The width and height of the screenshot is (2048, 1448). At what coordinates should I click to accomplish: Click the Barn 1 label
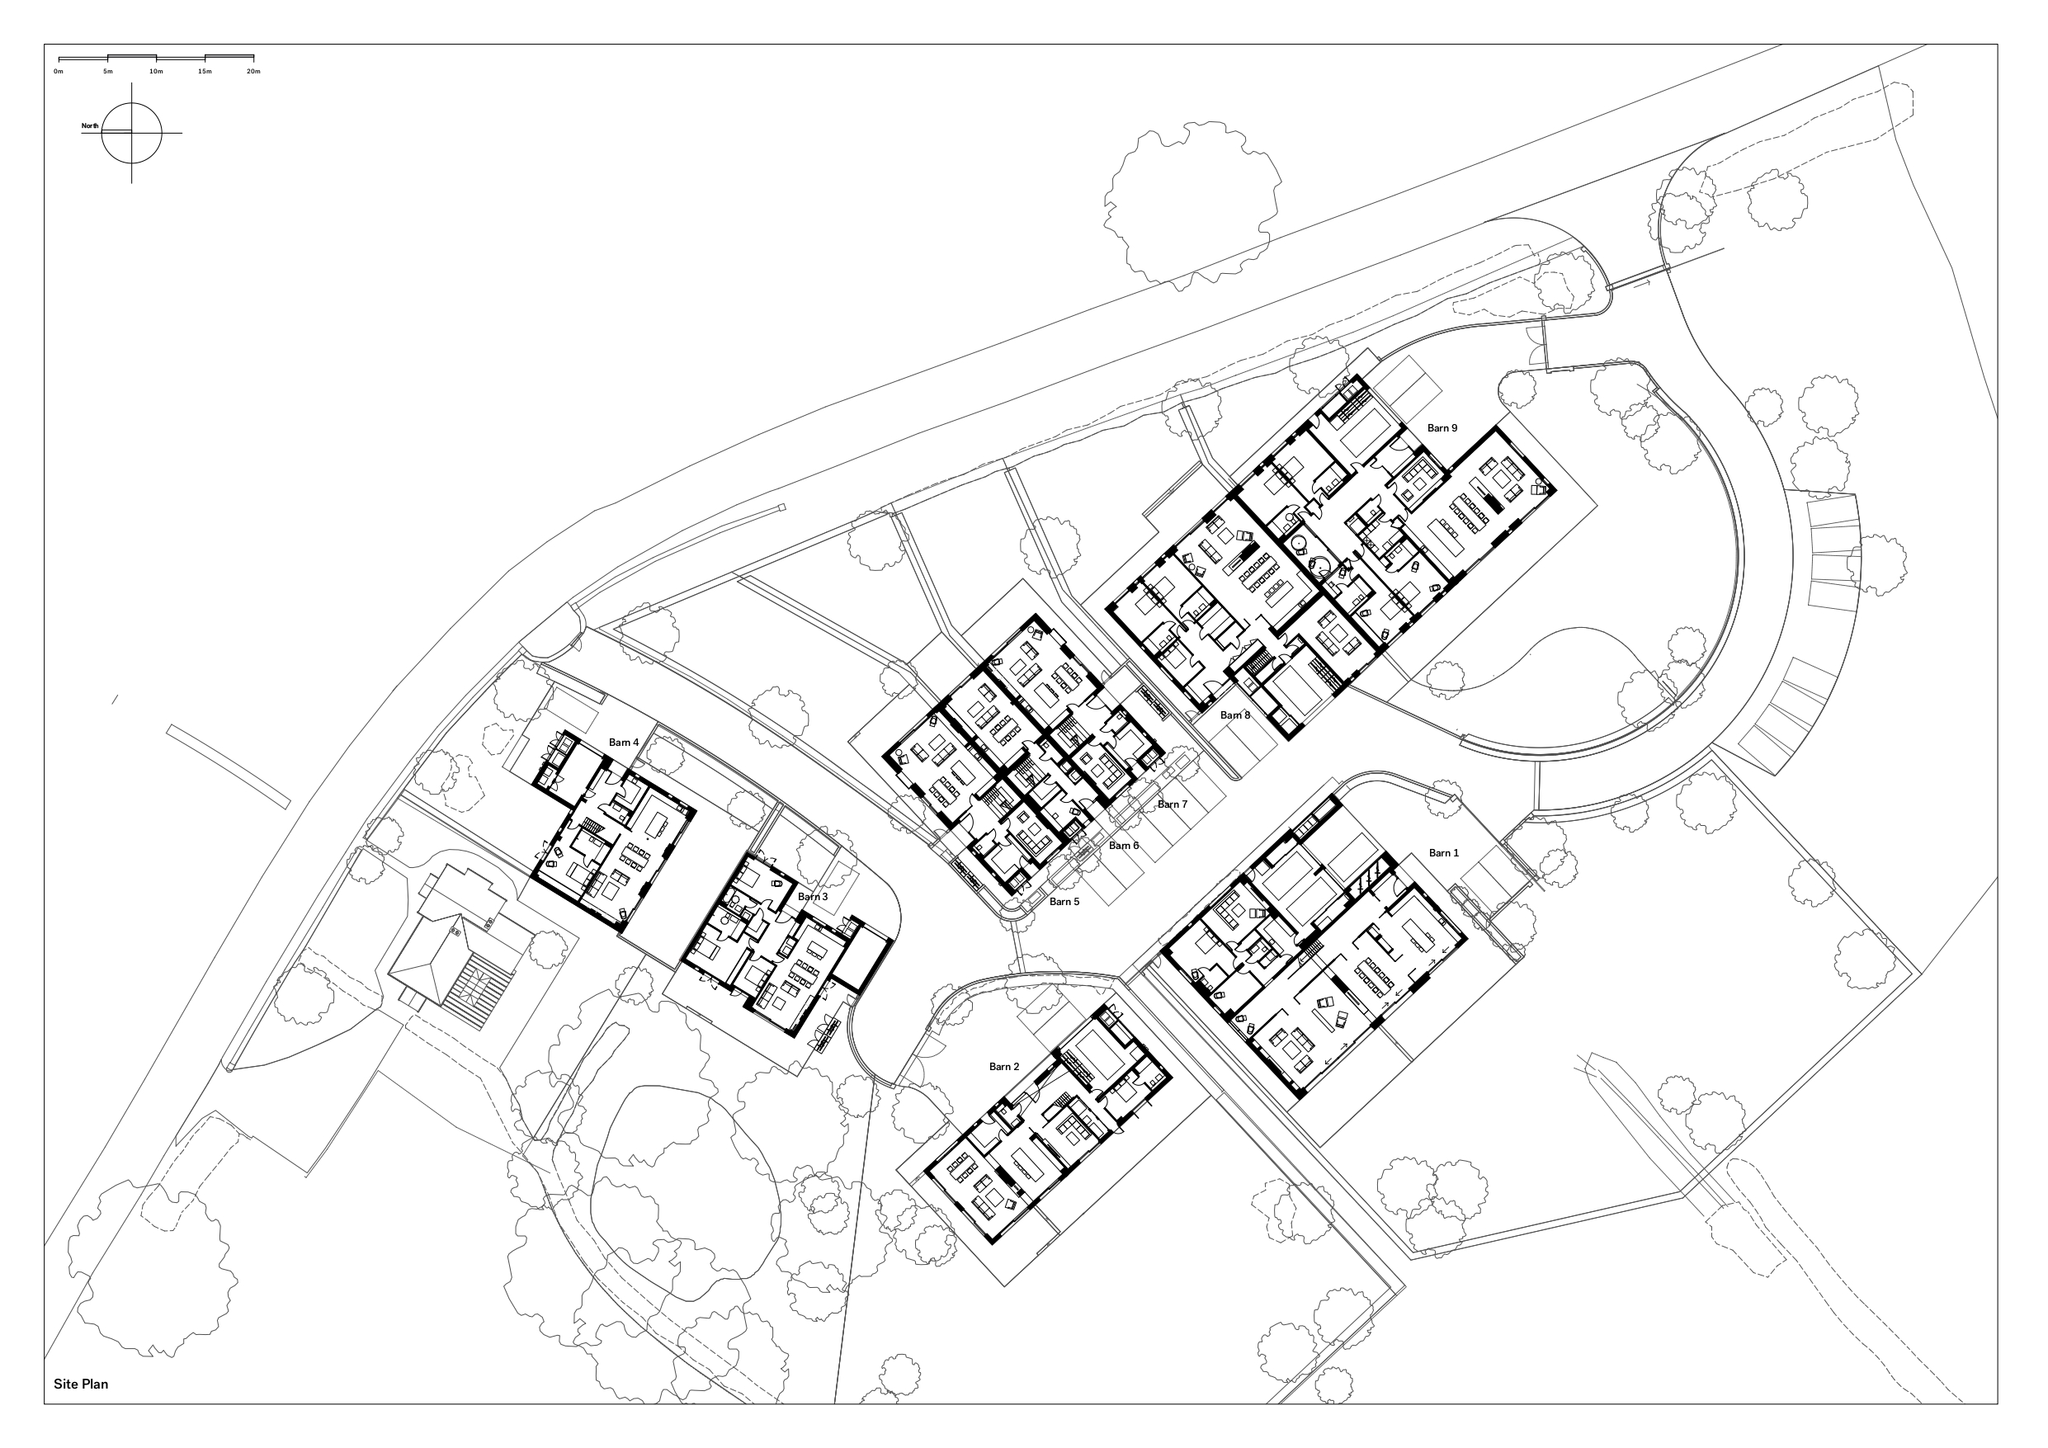[1443, 853]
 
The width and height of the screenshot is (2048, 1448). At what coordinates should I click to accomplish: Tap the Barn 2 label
[1003, 1066]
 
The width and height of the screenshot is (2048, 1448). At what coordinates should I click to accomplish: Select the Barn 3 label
[813, 897]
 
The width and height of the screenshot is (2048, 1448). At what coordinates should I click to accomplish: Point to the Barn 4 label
[624, 743]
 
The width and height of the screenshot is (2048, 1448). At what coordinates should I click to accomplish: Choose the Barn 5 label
[1064, 902]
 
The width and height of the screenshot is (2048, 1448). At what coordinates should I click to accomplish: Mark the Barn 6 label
[1124, 846]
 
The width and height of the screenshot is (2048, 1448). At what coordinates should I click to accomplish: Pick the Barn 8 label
[1235, 715]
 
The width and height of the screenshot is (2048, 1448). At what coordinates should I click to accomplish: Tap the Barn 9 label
[1442, 428]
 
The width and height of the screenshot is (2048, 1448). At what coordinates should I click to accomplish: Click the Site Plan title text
[80, 1384]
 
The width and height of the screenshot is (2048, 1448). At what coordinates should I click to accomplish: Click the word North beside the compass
[90, 125]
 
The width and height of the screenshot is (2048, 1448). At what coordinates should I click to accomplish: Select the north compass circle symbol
[132, 133]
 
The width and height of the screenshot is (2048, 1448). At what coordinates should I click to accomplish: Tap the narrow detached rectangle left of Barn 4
[229, 766]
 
